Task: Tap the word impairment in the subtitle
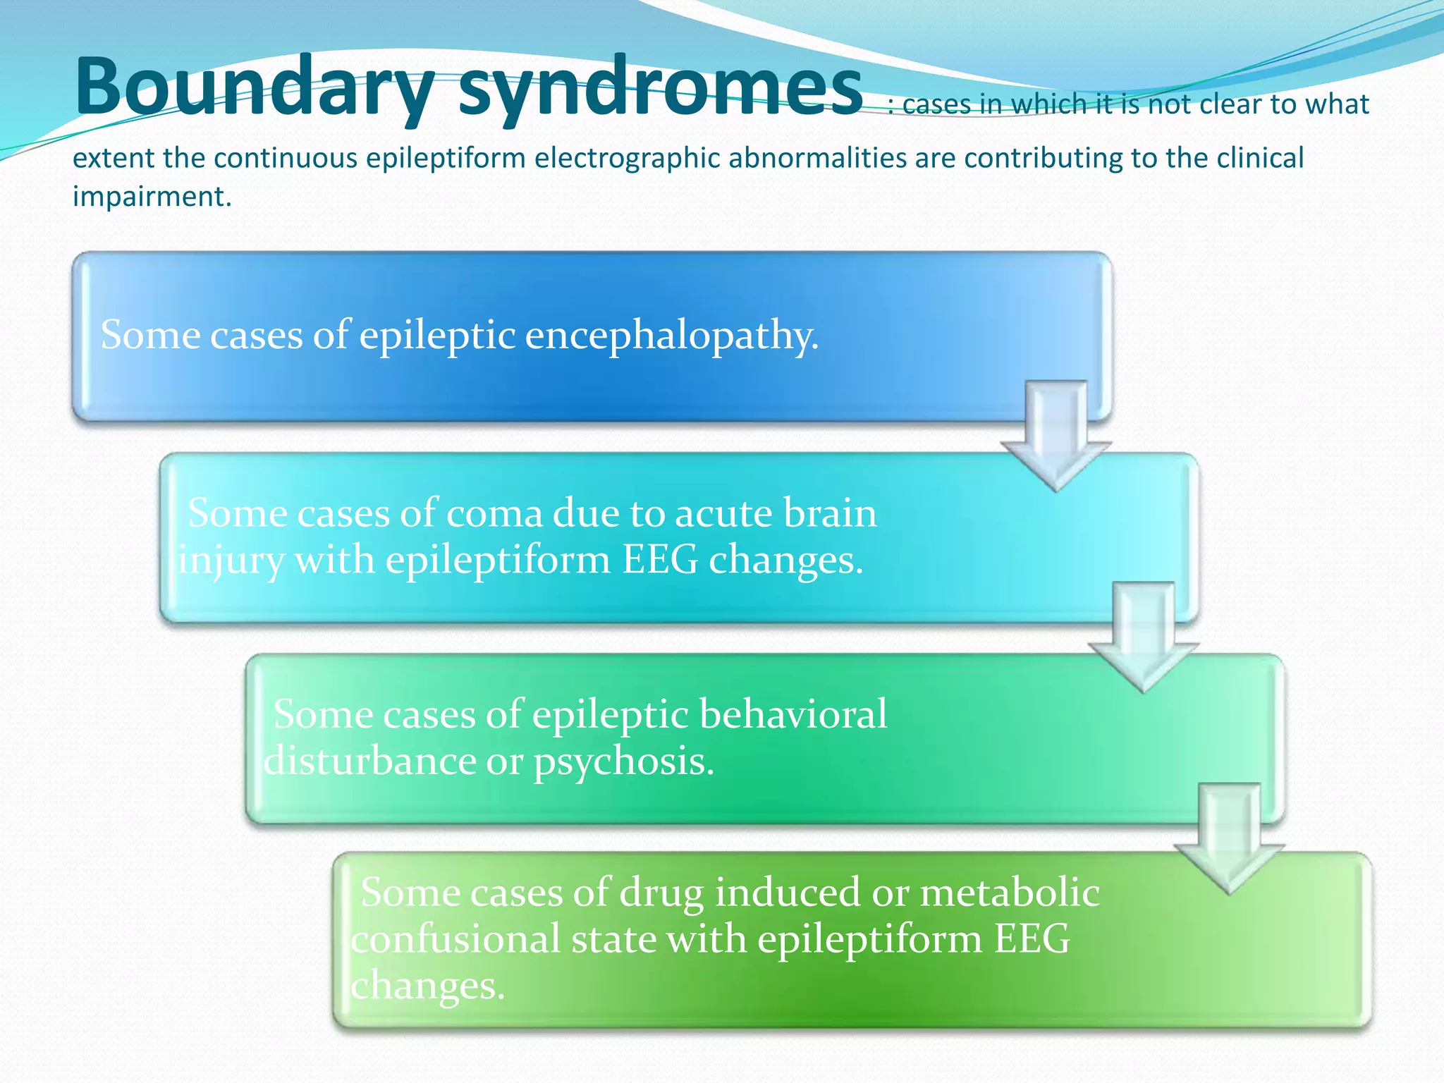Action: [x=151, y=196]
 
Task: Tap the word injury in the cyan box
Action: [x=231, y=561]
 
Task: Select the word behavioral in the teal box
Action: [x=793, y=714]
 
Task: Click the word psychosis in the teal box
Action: [x=623, y=762]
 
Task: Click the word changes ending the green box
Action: [x=427, y=986]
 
